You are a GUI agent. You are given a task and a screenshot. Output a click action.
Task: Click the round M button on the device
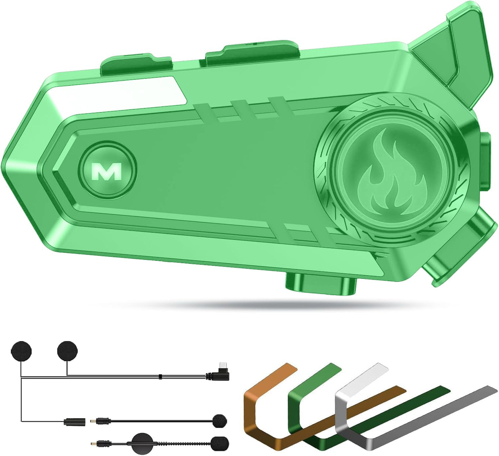coord(107,170)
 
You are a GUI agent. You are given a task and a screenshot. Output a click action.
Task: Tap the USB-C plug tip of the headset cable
coord(223,365)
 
